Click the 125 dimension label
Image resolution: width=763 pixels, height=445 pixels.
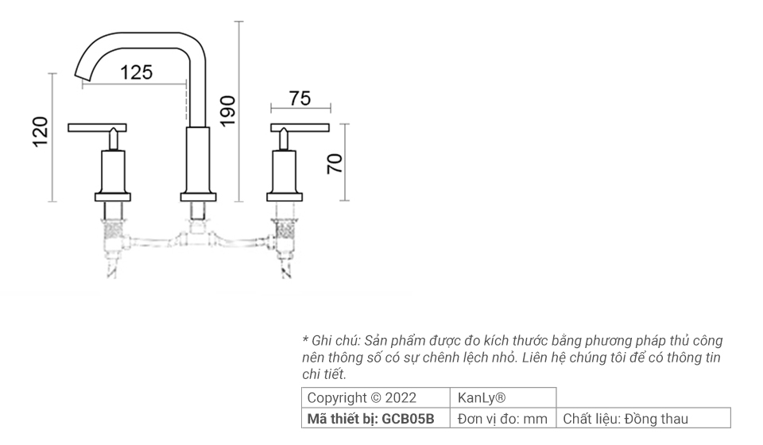[136, 72]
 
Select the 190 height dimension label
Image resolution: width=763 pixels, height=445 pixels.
[227, 111]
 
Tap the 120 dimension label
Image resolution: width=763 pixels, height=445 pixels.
[41, 132]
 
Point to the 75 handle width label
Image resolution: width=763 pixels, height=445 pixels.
[300, 99]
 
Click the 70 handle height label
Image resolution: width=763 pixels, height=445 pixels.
[335, 163]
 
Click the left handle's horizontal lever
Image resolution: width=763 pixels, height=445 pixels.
[98, 127]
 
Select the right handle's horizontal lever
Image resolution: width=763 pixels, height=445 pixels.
[300, 127]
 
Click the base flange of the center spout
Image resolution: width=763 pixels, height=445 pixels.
[198, 196]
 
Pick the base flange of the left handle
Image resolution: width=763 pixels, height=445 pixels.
[112, 196]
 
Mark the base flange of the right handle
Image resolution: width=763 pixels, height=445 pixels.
[285, 196]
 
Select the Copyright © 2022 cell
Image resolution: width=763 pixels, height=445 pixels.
[362, 398]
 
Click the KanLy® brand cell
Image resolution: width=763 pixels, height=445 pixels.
[482, 398]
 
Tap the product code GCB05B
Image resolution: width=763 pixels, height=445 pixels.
[409, 419]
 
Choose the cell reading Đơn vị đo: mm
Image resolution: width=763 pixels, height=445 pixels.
[503, 419]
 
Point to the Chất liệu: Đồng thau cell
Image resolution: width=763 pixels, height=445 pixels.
[626, 419]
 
